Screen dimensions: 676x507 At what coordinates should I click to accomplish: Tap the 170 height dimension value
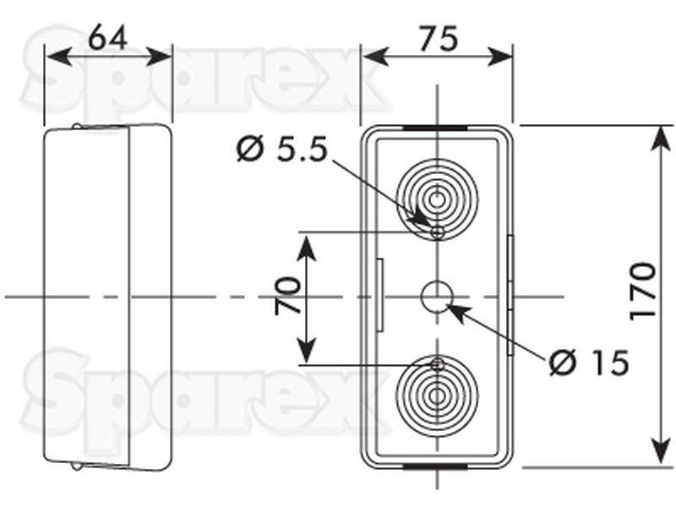pyautogui.click(x=643, y=291)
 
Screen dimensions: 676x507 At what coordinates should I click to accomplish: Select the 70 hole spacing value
pyautogui.click(x=287, y=296)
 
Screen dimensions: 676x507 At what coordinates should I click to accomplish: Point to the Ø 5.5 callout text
pyautogui.click(x=282, y=150)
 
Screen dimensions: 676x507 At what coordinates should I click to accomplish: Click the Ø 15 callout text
pyautogui.click(x=590, y=363)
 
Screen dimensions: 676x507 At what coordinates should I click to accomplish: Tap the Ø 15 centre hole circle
pyautogui.click(x=437, y=297)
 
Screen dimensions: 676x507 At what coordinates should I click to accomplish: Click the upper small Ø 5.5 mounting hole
pyautogui.click(x=438, y=233)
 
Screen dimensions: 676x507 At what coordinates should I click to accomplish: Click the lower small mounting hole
pyautogui.click(x=438, y=365)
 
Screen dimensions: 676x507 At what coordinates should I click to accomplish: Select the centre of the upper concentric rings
pyautogui.click(x=437, y=200)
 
